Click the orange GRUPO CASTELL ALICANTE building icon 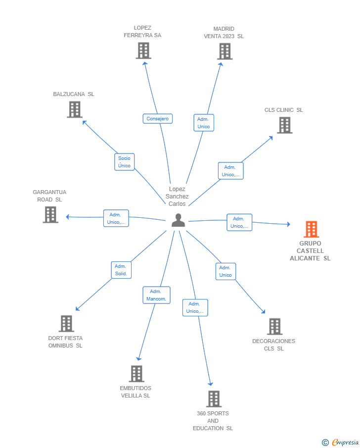311,229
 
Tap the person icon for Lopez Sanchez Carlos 178,220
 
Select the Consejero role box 158,119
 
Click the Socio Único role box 125,162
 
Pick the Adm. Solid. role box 121,270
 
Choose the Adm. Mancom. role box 156,295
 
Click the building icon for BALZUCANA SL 75,109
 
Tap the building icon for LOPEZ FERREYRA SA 143,50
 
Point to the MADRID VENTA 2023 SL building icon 225,51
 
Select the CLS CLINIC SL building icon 285,125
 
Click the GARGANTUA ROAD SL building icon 50,214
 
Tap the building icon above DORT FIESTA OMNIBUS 66,323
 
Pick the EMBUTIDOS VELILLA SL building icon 136,374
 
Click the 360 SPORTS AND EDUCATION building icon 214,399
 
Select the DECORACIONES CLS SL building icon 274,327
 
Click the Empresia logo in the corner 340,442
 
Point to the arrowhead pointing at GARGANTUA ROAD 68,217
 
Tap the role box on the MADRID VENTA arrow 204,123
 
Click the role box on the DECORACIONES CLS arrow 225,271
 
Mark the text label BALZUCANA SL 74,94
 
